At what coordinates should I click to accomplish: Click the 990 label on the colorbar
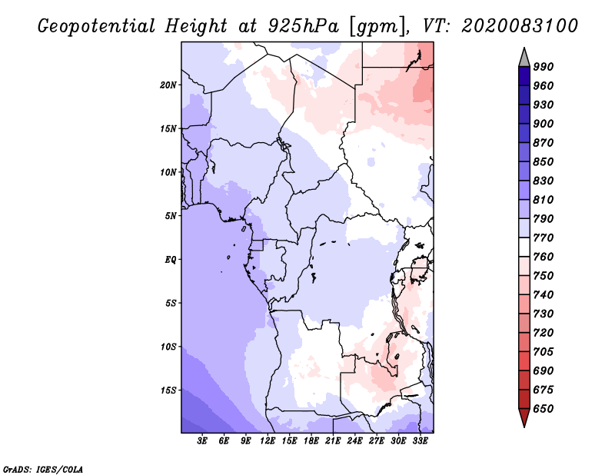click(544, 67)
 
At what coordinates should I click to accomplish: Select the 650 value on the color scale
click(544, 408)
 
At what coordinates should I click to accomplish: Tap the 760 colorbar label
click(544, 257)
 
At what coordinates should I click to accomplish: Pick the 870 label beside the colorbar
click(544, 143)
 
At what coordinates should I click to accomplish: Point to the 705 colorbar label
click(544, 351)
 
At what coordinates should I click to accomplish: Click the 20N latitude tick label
click(168, 85)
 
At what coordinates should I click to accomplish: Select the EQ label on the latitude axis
click(171, 260)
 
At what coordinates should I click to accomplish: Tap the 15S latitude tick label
click(168, 390)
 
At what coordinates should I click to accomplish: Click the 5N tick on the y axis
click(171, 216)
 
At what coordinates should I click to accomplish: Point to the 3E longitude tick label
click(203, 441)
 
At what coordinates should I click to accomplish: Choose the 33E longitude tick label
click(420, 441)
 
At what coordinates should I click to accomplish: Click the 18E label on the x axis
click(311, 441)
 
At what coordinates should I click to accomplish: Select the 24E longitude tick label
click(354, 441)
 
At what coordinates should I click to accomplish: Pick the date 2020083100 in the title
click(520, 25)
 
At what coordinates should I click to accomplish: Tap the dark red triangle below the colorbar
click(524, 418)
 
